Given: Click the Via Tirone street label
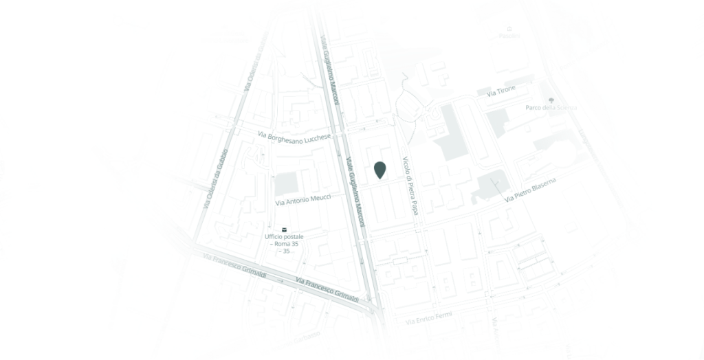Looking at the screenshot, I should pyautogui.click(x=500, y=92).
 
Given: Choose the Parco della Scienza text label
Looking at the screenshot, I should pyautogui.click(x=551, y=108).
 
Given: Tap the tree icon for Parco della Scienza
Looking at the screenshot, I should pyautogui.click(x=551, y=100).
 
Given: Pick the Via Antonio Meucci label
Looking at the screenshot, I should pyautogui.click(x=302, y=200).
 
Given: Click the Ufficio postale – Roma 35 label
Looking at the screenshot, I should pyautogui.click(x=284, y=240).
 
